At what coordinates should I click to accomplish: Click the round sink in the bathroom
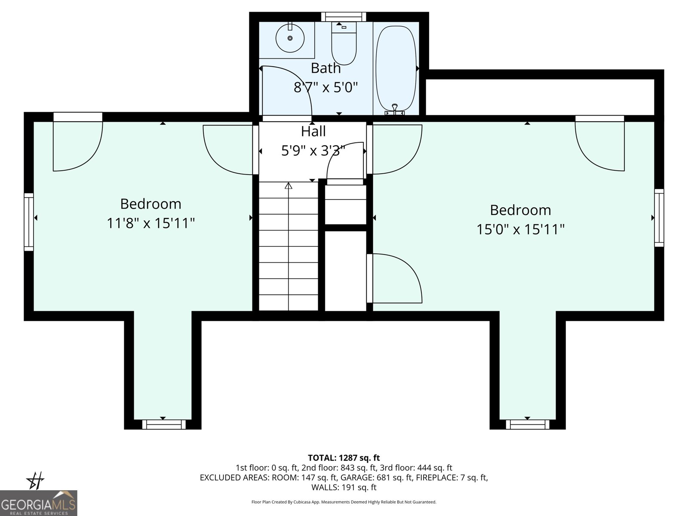290,38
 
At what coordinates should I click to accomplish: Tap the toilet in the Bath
344,43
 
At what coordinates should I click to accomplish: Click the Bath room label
326,68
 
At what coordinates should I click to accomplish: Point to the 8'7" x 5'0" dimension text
326,87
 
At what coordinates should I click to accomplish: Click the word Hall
313,131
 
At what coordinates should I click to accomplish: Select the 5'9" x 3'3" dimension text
313,150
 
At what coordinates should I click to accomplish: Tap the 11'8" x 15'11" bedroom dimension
151,223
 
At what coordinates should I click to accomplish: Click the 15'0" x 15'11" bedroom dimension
520,229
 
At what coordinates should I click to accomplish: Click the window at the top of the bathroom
344,17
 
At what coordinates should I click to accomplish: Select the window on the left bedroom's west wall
29,222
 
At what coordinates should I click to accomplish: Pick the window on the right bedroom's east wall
659,218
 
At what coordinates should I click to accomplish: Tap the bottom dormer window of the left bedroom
164,424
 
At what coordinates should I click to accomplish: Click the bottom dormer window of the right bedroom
528,424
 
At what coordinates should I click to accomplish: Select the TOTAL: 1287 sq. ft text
344,458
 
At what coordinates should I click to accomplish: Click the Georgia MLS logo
39,503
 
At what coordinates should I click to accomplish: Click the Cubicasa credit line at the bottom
344,502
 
